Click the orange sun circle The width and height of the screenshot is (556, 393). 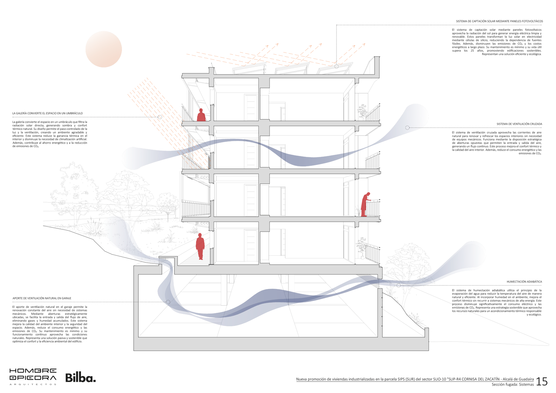(103, 49)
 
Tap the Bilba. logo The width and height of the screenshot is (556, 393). (80, 378)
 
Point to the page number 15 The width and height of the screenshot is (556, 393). (542, 381)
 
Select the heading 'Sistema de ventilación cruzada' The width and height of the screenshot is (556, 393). (519, 124)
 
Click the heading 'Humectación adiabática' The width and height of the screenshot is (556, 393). (524, 282)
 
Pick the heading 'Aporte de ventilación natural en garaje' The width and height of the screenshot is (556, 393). (42, 298)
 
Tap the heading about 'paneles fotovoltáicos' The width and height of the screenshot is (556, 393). (499, 21)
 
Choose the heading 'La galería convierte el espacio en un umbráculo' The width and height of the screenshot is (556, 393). (48, 113)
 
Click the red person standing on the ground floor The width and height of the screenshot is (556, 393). (200, 246)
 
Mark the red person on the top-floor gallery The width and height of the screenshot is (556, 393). (201, 115)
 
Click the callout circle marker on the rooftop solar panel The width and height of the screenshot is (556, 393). (337, 66)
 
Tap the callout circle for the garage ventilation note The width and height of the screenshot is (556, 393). (168, 302)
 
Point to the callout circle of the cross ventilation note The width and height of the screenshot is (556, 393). (407, 128)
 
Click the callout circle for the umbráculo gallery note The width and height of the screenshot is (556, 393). (160, 117)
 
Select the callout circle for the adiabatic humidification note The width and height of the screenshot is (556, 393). (399, 285)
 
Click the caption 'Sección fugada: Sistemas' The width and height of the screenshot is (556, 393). (513, 385)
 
